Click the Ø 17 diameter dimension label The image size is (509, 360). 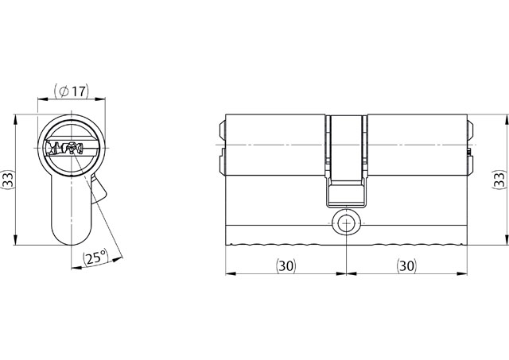pyautogui.click(x=72, y=91)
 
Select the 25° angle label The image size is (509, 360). pyautogui.click(x=95, y=257)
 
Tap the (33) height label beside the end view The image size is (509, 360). pyautogui.click(x=8, y=180)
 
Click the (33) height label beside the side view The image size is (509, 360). pyautogui.click(x=500, y=180)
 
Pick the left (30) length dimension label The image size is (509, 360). pyautogui.click(x=286, y=265)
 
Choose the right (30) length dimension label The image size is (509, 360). pyautogui.click(x=406, y=265)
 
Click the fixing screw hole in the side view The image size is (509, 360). pyautogui.click(x=347, y=223)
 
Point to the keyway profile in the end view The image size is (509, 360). pyautogui.click(x=64, y=149)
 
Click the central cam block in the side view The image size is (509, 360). pyautogui.click(x=346, y=161)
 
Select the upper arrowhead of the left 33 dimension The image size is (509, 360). pyautogui.click(x=15, y=120)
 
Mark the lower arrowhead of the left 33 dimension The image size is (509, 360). pyautogui.click(x=15, y=239)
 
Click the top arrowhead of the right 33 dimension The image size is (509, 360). pyautogui.click(x=506, y=120)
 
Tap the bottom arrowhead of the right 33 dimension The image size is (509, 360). pyautogui.click(x=506, y=239)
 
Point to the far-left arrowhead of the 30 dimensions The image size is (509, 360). pyautogui.click(x=231, y=273)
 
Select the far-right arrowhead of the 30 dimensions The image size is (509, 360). pyautogui.click(x=462, y=273)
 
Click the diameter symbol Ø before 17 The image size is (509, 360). pyautogui.click(x=64, y=91)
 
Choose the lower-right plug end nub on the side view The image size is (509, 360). pyautogui.click(x=470, y=164)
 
